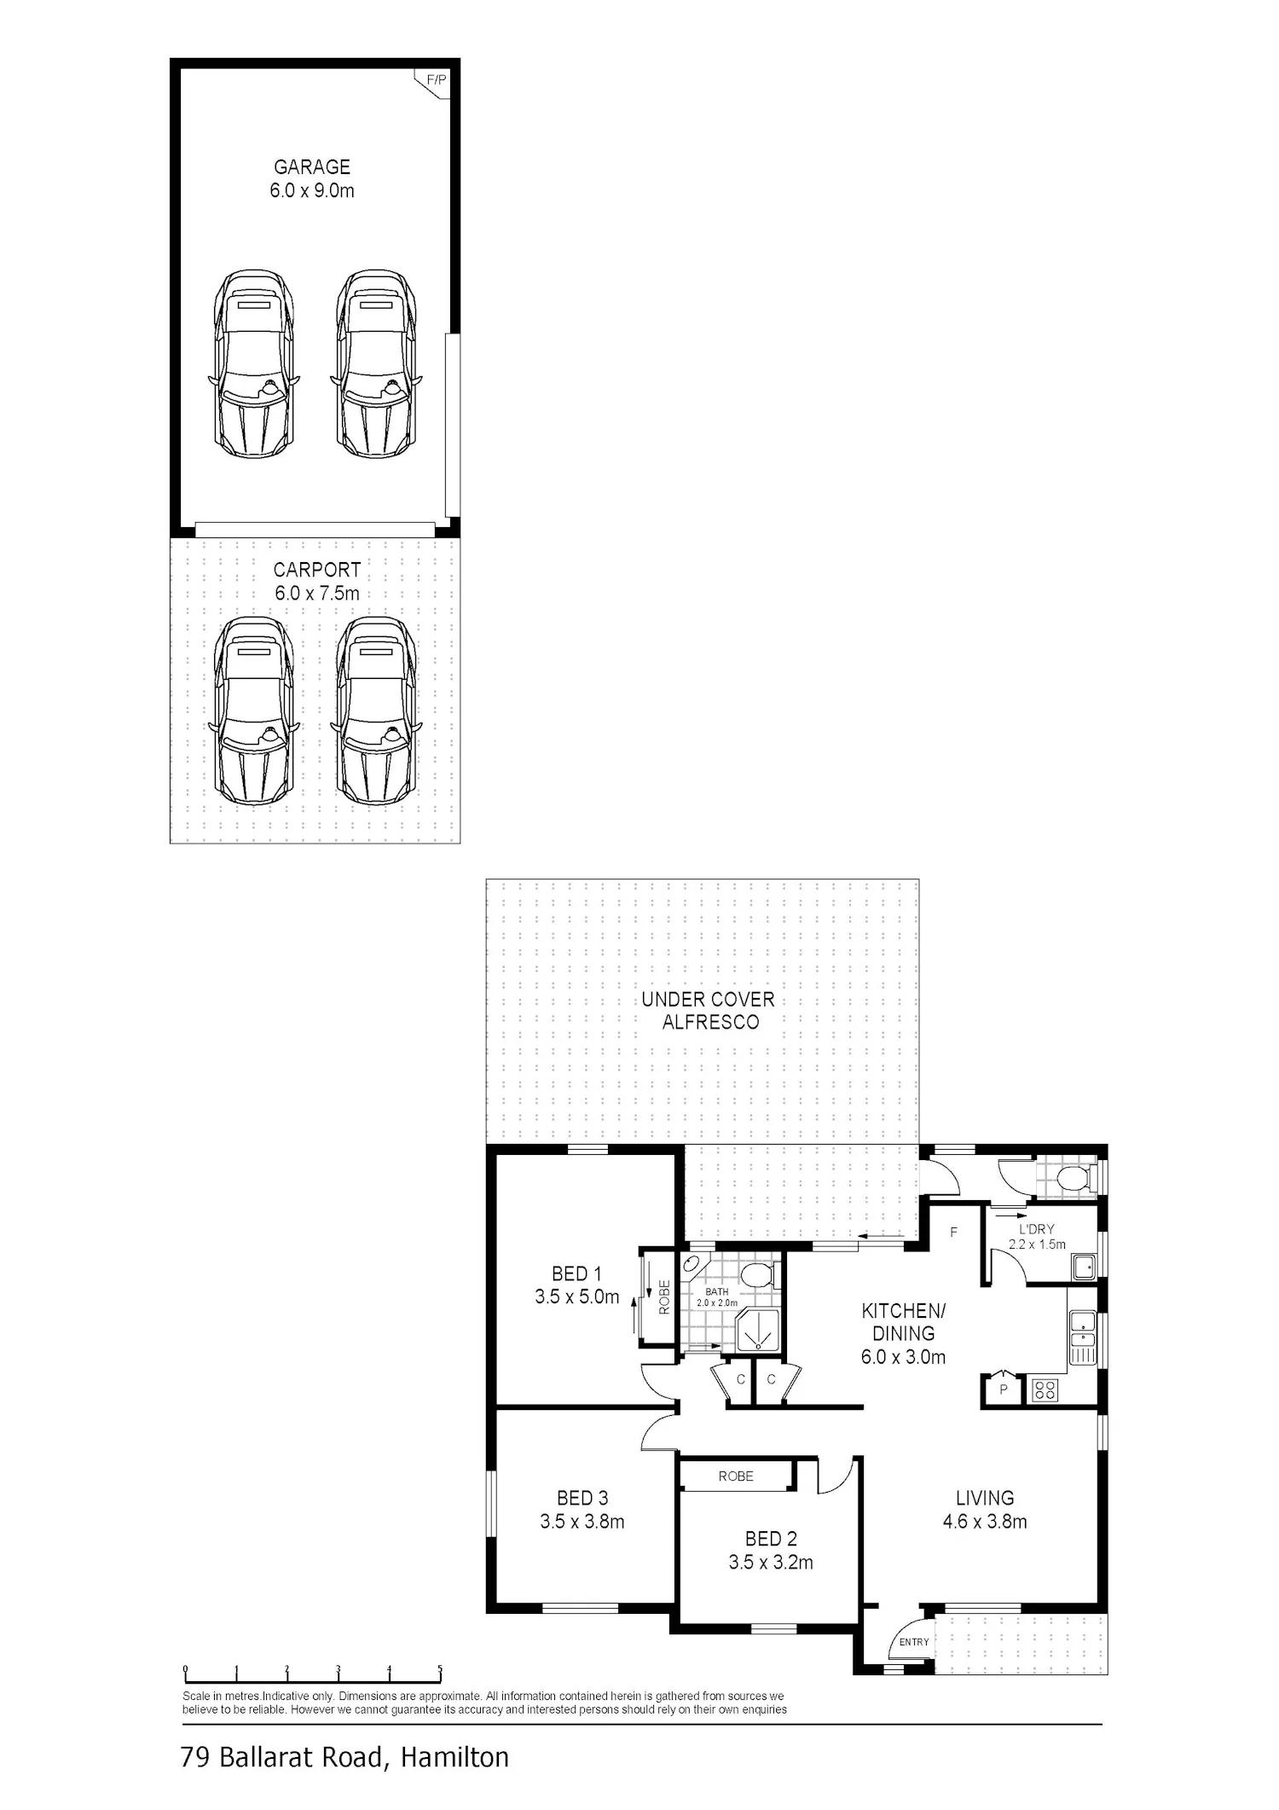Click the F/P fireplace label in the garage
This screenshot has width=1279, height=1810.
[x=436, y=80]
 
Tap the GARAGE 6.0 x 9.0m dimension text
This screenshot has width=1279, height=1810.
[x=312, y=190]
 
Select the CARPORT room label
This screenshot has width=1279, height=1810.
[x=317, y=570]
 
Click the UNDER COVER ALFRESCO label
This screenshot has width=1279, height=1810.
[x=709, y=1011]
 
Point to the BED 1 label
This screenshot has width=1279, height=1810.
[x=576, y=1273]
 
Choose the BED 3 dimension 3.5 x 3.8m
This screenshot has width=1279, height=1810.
[x=582, y=1521]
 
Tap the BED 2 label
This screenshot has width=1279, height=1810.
[x=771, y=1539]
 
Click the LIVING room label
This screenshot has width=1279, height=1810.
[x=985, y=1498]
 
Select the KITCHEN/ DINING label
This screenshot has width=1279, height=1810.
[x=903, y=1321]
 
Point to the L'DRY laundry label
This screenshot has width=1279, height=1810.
[x=1037, y=1229]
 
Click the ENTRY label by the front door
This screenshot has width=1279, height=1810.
[x=914, y=1642]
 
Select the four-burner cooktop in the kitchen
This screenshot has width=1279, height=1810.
[x=1045, y=1390]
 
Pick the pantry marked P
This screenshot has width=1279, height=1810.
[x=1004, y=1389]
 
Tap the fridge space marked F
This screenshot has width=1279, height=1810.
[x=954, y=1233]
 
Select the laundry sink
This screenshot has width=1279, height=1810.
[x=1084, y=1267]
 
